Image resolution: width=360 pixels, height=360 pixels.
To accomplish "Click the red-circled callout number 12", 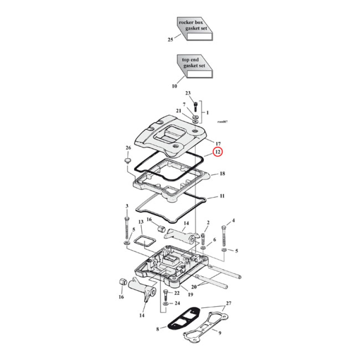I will (217, 152).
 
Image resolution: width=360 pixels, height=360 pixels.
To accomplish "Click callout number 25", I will (171, 40).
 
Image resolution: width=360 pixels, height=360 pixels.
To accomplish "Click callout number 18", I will (222, 174).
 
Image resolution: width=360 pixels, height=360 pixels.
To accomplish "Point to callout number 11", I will (222, 197).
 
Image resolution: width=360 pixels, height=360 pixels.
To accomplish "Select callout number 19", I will (191, 295).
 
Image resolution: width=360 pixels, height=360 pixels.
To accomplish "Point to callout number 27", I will (228, 303).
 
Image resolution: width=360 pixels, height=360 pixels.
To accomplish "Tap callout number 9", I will (220, 333).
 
